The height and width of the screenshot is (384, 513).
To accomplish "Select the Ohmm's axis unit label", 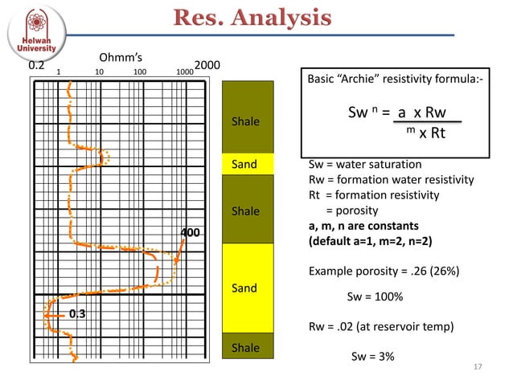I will pyautogui.click(x=120, y=57).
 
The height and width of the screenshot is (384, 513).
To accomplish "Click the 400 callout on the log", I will pyautogui.click(x=190, y=233).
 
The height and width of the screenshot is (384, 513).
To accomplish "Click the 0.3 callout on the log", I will pyautogui.click(x=77, y=314).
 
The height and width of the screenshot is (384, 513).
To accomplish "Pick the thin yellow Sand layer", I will pyautogui.click(x=244, y=165).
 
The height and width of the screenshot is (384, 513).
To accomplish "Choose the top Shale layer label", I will pyautogui.click(x=244, y=122).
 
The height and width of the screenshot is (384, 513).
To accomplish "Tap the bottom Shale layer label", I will pyautogui.click(x=244, y=348).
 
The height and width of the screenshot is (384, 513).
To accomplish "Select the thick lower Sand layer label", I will pyautogui.click(x=244, y=288).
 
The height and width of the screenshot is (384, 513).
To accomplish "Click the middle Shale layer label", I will pyautogui.click(x=244, y=211).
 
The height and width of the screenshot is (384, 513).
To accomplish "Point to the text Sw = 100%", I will pyautogui.click(x=374, y=297).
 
